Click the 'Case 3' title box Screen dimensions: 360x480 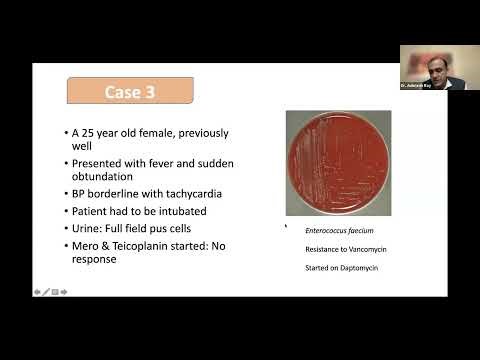click(129, 92)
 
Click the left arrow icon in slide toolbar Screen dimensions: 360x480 click(37, 292)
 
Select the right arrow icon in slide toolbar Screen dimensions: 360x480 click(64, 292)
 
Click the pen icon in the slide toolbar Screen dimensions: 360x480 click(46, 292)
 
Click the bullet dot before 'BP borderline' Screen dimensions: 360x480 click(65, 194)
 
